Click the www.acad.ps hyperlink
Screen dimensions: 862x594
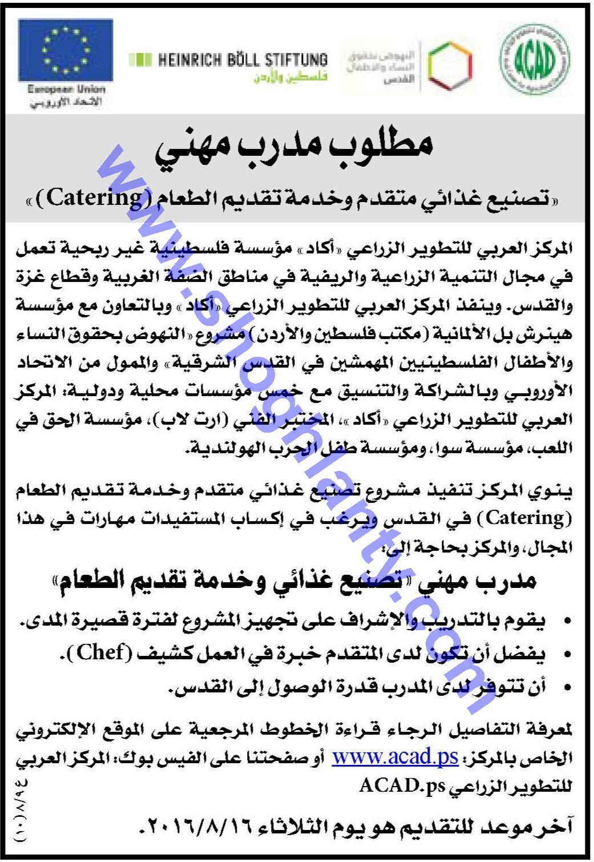pyautogui.click(x=395, y=758)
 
